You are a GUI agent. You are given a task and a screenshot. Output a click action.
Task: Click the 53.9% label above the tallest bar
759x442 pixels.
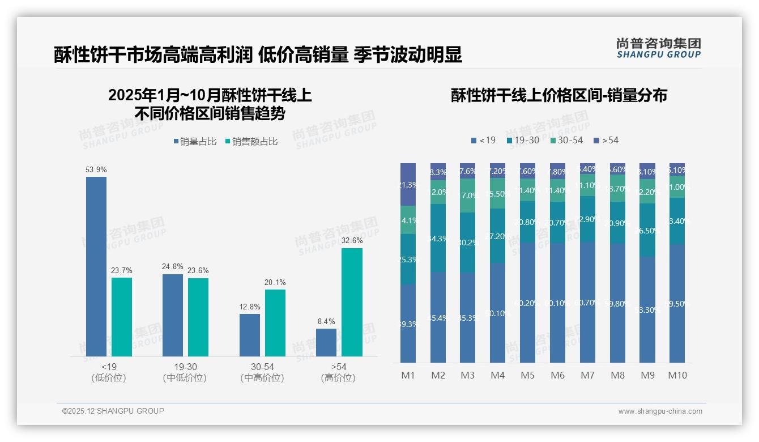[x=96, y=169]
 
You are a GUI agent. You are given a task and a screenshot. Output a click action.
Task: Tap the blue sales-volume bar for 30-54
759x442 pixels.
[x=250, y=335]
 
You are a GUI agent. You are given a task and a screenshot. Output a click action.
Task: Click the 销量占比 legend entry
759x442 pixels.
[x=194, y=142]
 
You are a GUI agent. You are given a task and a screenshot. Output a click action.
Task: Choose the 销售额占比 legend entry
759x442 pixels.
[x=251, y=142]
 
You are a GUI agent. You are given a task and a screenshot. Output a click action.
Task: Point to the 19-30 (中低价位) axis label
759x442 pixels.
[x=185, y=372]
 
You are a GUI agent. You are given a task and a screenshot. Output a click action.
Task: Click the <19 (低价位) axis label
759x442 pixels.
[x=108, y=372]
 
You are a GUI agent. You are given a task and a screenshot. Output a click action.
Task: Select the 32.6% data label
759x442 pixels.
[x=352, y=240]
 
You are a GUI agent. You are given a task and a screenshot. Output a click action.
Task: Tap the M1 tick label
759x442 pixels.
[x=408, y=375]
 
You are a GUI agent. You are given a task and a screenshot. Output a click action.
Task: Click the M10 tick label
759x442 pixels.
[x=677, y=375]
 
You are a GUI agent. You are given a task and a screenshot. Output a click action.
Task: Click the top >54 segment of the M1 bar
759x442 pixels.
[x=408, y=184]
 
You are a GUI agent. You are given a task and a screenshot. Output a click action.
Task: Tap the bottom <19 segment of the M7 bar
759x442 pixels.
[x=587, y=302]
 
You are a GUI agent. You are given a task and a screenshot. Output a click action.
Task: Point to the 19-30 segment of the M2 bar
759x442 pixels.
[x=438, y=238]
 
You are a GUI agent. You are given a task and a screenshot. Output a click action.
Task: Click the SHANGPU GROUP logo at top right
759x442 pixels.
[x=658, y=48]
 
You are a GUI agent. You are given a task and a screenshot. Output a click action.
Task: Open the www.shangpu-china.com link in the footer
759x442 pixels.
[x=660, y=411]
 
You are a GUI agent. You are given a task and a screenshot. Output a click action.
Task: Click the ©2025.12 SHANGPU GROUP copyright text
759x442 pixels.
[x=113, y=411]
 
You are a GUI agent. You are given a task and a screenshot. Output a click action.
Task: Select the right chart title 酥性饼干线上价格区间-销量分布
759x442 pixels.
[x=558, y=95]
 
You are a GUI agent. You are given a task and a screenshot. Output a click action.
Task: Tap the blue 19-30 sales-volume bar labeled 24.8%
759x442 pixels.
[x=173, y=315]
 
